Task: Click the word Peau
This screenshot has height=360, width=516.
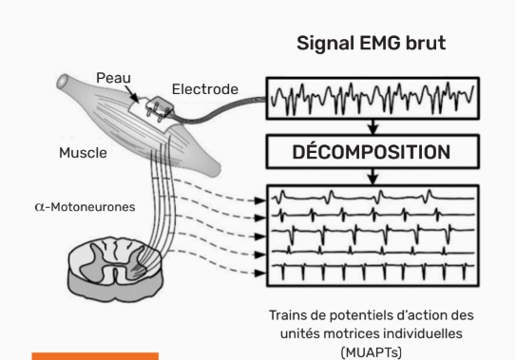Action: pyautogui.click(x=114, y=77)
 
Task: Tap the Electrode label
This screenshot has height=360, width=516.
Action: pyautogui.click(x=204, y=90)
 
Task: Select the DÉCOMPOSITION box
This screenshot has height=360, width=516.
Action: pyautogui.click(x=372, y=151)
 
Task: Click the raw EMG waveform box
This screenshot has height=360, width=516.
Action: pyautogui.click(x=372, y=99)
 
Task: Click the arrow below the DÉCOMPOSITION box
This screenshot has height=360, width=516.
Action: pyautogui.click(x=372, y=176)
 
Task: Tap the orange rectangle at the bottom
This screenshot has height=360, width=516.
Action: pyautogui.click(x=95, y=356)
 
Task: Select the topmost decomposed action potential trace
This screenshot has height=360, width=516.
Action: pyautogui.click(x=372, y=199)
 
